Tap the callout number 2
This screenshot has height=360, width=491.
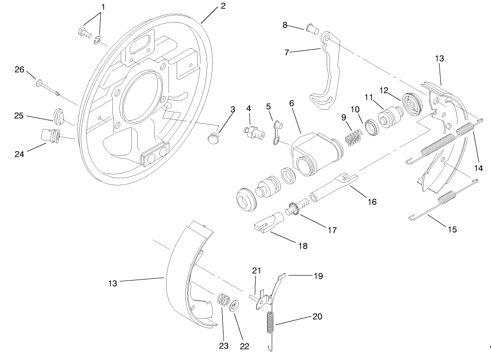pos(223,6)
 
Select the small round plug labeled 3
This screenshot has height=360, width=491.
pos(213,138)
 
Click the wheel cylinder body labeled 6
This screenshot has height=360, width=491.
pos(312,152)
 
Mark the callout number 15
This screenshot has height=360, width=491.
pos(452,230)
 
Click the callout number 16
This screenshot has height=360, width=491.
pos(372,202)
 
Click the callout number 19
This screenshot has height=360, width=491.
pos(318,276)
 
